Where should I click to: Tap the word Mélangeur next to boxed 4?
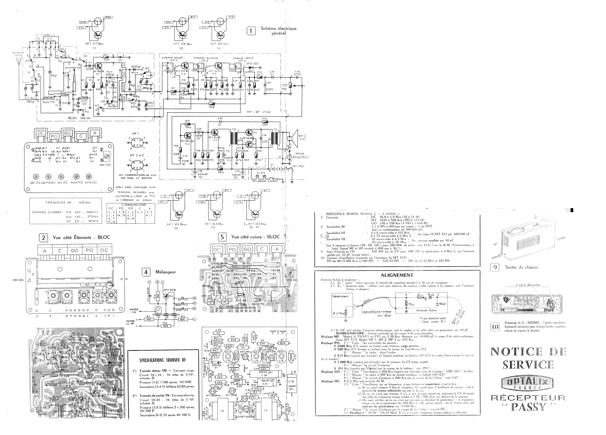pos(166,272)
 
